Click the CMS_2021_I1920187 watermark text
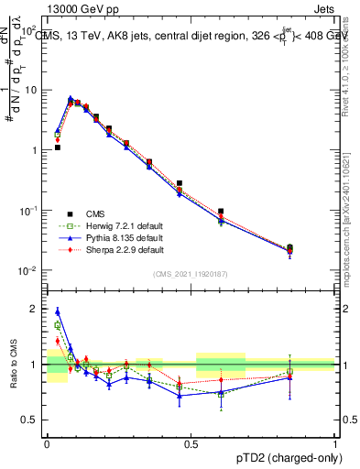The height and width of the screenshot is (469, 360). [191, 274]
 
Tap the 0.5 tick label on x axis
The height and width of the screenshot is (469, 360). [191, 442]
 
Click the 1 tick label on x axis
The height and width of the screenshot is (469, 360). [335, 442]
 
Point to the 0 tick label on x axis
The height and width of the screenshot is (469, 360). [47, 442]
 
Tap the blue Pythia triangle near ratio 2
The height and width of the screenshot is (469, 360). [57, 311]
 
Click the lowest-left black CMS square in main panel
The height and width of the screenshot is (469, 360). [57, 147]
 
